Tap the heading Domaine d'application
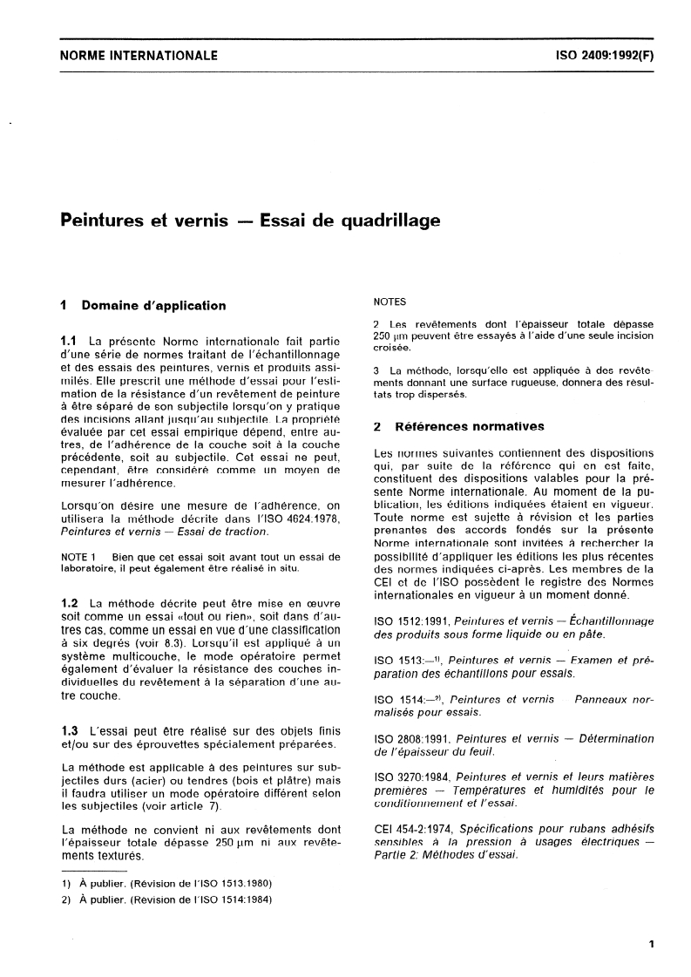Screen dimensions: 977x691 153,306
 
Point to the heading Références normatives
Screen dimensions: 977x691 470,427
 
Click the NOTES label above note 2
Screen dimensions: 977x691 390,303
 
